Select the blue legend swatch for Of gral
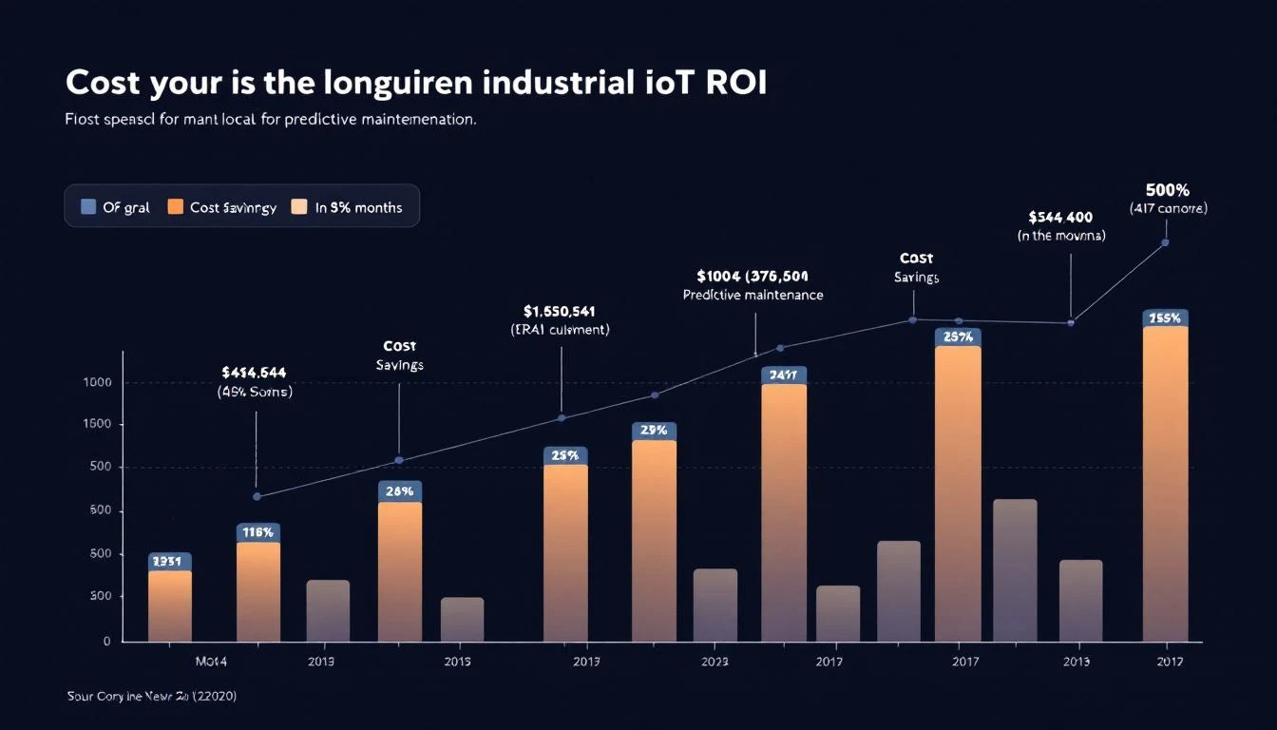(88, 207)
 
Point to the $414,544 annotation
(254, 373)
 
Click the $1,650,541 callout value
(560, 311)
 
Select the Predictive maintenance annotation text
(753, 296)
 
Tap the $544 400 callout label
(1060, 218)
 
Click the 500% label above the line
(1168, 190)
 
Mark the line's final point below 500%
(1165, 242)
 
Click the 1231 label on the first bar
(170, 562)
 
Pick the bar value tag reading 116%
(258, 533)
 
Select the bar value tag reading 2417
(784, 375)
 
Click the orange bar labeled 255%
(1165, 485)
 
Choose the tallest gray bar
(1015, 569)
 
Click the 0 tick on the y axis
(106, 642)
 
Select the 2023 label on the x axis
(714, 662)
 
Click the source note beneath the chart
(152, 697)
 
